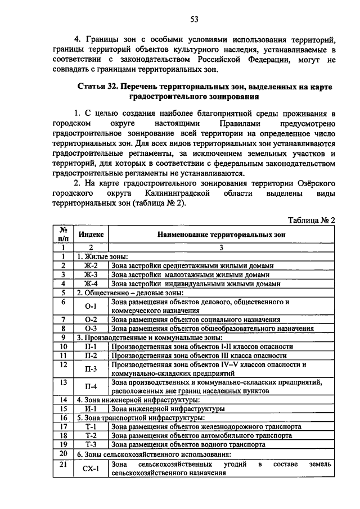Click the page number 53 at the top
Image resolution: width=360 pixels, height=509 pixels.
(x=194, y=19)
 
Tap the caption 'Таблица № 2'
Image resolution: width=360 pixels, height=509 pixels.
(x=311, y=220)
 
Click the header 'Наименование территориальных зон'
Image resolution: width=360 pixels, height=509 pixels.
(x=221, y=233)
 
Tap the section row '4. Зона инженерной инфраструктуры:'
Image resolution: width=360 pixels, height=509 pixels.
(x=138, y=400)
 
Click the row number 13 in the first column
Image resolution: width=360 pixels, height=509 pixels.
(x=64, y=382)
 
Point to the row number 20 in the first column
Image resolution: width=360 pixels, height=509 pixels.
(x=64, y=453)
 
